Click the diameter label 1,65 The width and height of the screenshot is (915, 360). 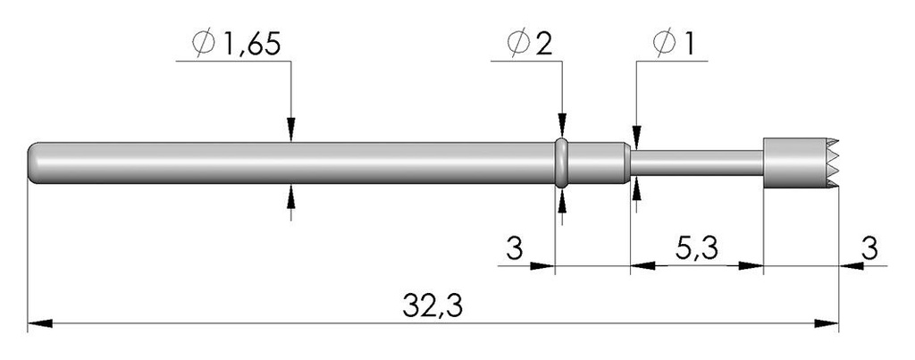tap(251, 45)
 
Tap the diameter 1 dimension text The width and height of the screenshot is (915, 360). tap(690, 45)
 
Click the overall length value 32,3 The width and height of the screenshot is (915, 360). tap(432, 306)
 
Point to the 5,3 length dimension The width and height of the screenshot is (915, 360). tap(697, 249)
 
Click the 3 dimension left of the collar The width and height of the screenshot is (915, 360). tap(514, 249)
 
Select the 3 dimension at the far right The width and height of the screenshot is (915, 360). tap(869, 249)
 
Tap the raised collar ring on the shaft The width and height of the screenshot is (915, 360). tap(561, 163)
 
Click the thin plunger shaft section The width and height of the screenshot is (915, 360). tap(697, 163)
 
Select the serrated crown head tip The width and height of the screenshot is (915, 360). tap(802, 163)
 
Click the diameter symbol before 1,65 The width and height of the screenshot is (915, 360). tap(204, 45)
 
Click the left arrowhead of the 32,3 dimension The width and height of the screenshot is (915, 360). tap(40, 323)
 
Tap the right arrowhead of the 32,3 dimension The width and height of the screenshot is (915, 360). tap(827, 323)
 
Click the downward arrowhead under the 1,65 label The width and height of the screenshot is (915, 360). tap(291, 130)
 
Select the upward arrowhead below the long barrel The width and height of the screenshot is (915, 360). tap(291, 196)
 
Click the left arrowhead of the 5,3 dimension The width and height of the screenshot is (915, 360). tap(642, 266)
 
